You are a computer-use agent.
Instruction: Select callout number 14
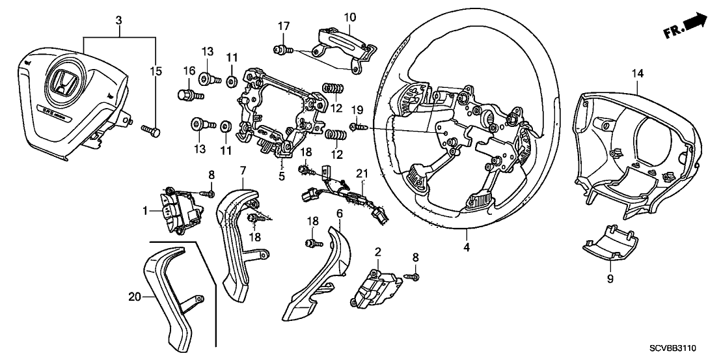tap(636, 75)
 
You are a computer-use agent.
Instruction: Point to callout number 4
tap(465, 247)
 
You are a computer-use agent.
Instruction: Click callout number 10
tap(349, 16)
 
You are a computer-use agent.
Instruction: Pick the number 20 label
tap(134, 297)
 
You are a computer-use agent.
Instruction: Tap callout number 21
tap(361, 173)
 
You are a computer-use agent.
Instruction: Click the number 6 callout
tap(340, 213)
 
